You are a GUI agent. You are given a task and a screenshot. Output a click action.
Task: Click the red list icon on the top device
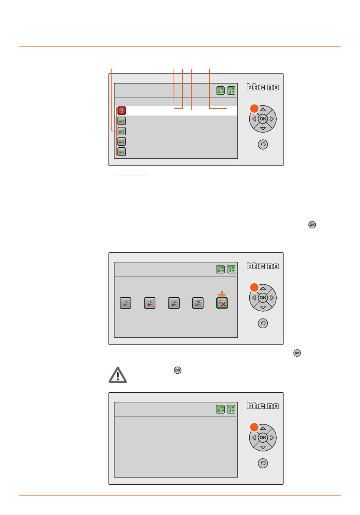point(122,110)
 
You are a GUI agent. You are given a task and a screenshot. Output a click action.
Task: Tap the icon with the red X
point(222,303)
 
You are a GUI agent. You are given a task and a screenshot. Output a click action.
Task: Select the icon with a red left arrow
point(150,303)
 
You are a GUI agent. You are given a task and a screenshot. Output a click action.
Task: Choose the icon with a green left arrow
point(174,303)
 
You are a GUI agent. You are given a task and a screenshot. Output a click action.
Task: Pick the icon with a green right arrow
point(197,303)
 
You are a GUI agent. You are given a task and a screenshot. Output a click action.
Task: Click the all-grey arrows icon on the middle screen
point(125,303)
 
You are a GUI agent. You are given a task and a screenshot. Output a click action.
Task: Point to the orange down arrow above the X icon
point(222,294)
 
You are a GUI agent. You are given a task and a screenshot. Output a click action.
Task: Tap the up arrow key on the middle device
point(263,288)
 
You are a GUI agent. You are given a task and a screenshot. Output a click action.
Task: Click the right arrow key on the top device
point(272,119)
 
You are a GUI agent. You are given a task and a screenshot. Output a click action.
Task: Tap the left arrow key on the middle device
point(254,298)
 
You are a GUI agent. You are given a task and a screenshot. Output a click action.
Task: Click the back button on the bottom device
point(263,463)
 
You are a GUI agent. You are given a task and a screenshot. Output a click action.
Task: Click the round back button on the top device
point(263,144)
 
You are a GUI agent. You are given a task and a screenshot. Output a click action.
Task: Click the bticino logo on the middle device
point(263,266)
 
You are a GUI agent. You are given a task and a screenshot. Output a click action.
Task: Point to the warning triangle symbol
point(117,375)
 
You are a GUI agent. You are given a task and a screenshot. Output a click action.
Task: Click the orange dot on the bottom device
point(254,428)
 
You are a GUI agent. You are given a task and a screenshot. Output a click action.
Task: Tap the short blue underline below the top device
point(132,175)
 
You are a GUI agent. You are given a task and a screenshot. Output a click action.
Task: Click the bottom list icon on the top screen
point(122,152)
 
